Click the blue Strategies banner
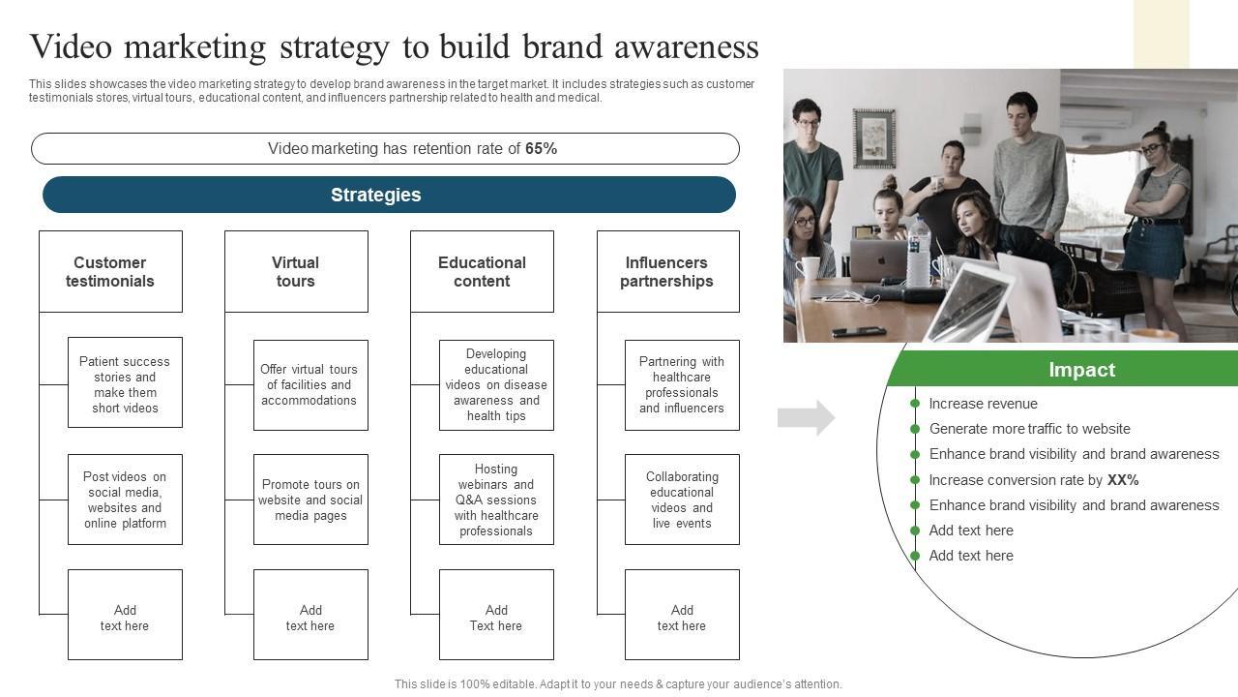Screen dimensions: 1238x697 (x=389, y=195)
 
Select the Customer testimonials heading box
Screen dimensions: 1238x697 (x=110, y=272)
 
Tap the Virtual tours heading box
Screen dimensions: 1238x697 (x=296, y=272)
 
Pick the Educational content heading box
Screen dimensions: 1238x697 (x=482, y=272)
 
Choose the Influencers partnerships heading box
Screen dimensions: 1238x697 (x=668, y=272)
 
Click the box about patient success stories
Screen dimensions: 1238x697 (x=125, y=382)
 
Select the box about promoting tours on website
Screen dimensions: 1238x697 (x=310, y=500)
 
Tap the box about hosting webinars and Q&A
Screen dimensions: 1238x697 (x=496, y=500)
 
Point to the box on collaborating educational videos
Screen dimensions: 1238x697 (x=682, y=500)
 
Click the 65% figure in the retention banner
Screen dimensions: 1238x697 (x=541, y=149)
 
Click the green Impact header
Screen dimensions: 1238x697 (x=1062, y=369)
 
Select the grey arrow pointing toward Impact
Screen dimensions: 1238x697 (x=806, y=417)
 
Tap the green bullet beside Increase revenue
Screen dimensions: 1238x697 (x=915, y=404)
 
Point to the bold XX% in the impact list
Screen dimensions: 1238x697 (x=1123, y=479)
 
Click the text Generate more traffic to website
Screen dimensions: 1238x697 (x=1030, y=429)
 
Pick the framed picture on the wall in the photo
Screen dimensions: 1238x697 (x=873, y=138)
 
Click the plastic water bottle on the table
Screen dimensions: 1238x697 (x=918, y=253)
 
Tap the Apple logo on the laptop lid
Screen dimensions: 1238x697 (x=881, y=260)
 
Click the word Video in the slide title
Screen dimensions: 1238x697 (x=72, y=46)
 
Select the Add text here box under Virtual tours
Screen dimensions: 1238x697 (x=310, y=615)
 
